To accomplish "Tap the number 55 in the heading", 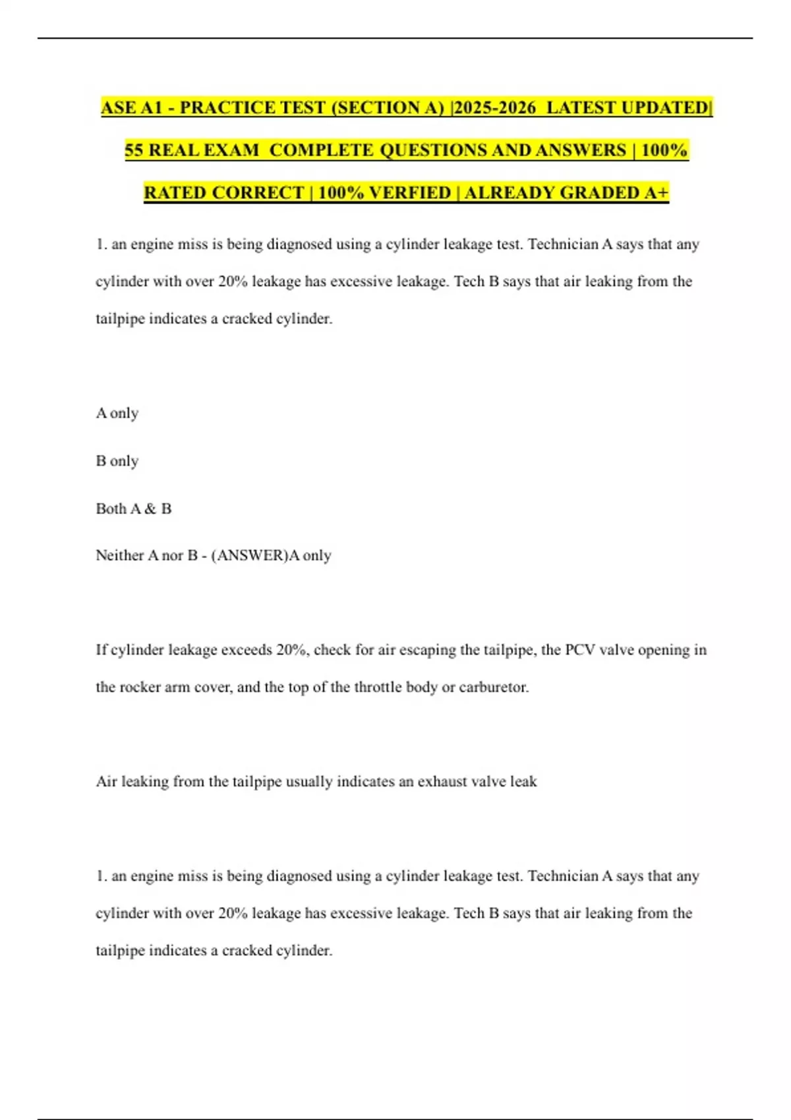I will click(x=134, y=150).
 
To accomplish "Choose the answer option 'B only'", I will click(x=117, y=461).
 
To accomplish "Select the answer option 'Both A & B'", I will click(x=134, y=508).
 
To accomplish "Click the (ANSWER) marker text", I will click(x=250, y=555).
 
